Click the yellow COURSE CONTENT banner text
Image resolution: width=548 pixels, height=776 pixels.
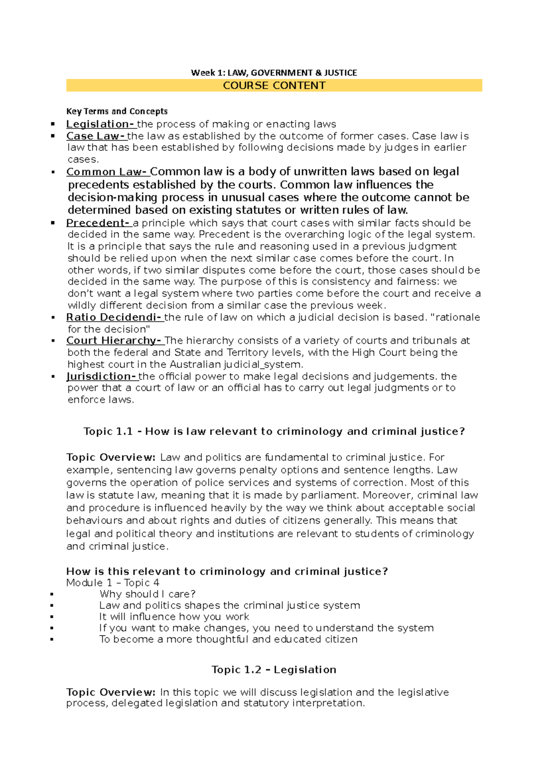coord(274,85)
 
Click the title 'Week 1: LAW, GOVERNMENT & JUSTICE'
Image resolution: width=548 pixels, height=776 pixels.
coord(274,73)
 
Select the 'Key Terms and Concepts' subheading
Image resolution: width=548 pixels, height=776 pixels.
coord(117,111)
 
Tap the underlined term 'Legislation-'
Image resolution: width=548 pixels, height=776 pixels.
coord(101,124)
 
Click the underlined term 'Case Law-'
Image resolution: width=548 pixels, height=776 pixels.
coord(96,136)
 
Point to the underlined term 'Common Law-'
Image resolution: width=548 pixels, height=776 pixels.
coord(107,172)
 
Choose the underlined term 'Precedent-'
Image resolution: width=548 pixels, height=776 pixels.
coord(99,223)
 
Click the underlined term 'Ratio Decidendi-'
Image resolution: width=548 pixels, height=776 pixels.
coord(115,317)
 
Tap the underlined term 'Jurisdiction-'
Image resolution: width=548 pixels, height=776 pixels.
coord(102,376)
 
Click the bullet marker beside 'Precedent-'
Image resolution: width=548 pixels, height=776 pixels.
coord(53,223)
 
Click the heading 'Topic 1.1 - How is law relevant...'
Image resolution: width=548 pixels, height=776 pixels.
coord(274,431)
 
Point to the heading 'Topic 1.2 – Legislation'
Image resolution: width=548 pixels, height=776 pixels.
coord(274,670)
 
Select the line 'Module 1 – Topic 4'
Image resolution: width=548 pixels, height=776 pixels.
coord(113,583)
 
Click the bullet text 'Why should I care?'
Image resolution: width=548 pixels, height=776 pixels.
coord(148,594)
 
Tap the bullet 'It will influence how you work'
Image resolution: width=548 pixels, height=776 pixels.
coord(174,617)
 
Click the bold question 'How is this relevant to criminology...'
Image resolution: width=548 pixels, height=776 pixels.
coord(227,571)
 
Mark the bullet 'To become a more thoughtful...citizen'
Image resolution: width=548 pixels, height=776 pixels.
coord(228,639)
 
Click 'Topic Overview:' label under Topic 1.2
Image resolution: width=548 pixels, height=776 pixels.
coord(111,692)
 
